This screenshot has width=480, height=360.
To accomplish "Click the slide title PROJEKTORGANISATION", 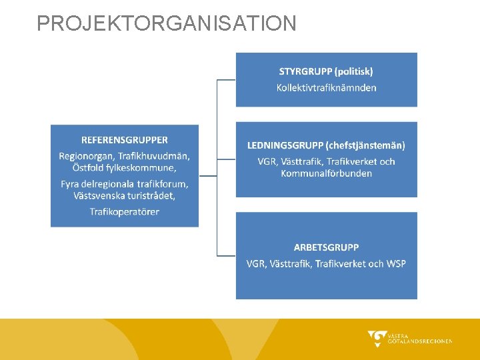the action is (x=167, y=23).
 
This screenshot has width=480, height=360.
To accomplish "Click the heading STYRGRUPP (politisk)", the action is (x=326, y=71).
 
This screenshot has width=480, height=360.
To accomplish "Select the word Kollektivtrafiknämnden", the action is (x=326, y=87).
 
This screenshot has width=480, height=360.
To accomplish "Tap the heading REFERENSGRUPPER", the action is (x=125, y=140).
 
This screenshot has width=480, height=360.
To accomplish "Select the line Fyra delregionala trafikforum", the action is (x=125, y=183).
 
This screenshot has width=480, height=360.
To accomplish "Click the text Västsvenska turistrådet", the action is (x=125, y=195).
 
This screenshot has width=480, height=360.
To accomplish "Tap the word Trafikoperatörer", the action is (x=125, y=211).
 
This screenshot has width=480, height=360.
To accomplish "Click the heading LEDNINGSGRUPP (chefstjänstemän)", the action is (x=326, y=145).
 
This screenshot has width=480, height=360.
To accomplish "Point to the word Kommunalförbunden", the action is (x=326, y=173).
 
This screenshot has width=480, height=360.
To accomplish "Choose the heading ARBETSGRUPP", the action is (x=326, y=247).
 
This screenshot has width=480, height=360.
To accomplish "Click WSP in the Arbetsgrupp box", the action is (x=395, y=263).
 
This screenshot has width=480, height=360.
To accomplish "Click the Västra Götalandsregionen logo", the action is (x=409, y=339).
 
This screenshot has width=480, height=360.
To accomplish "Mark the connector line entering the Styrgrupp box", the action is (x=227, y=80).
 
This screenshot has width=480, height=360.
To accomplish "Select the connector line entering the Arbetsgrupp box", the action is (x=227, y=255).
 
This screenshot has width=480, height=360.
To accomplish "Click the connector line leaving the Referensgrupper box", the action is (x=207, y=176).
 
